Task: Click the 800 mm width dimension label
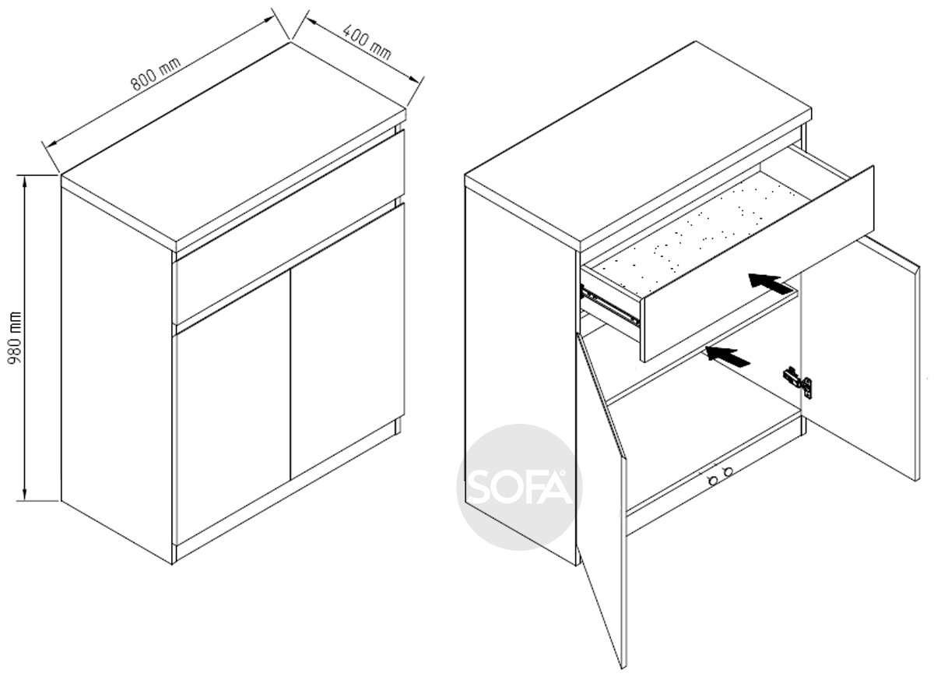click(x=156, y=74)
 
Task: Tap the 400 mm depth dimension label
click(x=367, y=42)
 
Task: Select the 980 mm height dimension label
click(x=16, y=337)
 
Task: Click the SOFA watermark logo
click(x=519, y=487)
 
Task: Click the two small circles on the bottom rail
click(x=721, y=476)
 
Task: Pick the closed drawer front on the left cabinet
click(x=290, y=227)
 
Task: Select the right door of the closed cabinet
click(x=347, y=340)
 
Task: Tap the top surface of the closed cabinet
click(x=233, y=142)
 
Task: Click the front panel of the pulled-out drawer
click(x=759, y=264)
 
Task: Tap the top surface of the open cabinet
click(x=638, y=142)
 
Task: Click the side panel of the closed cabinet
click(x=117, y=372)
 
